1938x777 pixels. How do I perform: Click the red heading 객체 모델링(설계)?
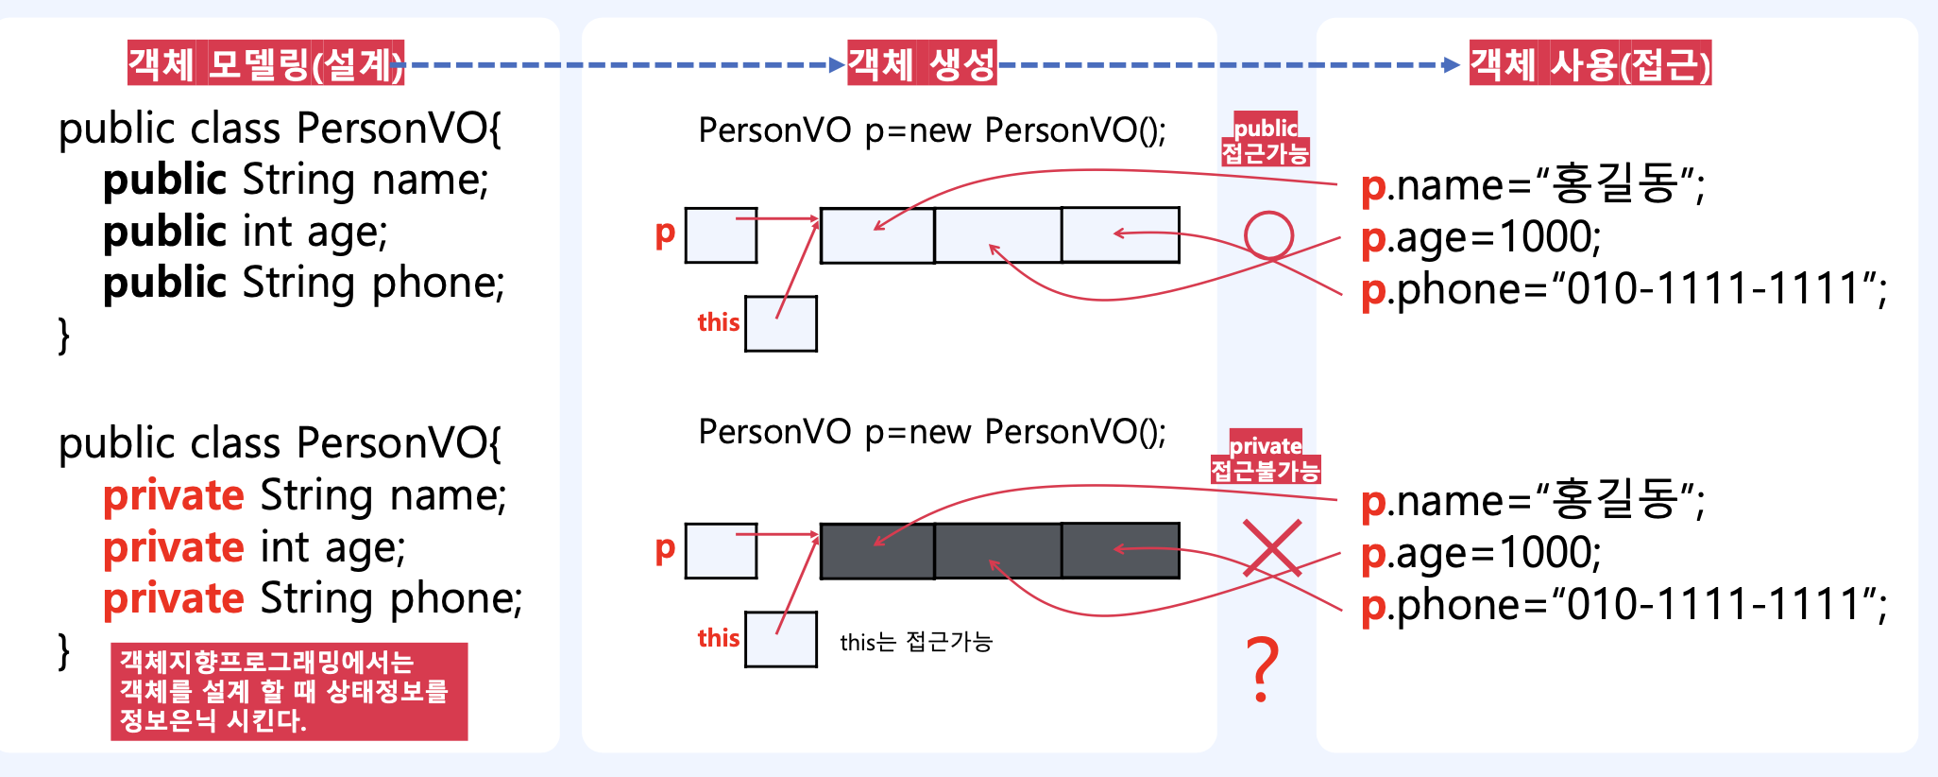265,63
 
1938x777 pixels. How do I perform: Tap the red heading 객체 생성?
922,63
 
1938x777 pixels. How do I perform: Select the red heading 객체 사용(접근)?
1590,63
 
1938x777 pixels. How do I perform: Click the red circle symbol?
1268,234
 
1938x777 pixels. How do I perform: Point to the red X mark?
1272,547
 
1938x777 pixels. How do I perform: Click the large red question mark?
1263,669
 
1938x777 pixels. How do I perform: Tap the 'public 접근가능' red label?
1266,140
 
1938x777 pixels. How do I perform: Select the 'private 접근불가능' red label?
1266,458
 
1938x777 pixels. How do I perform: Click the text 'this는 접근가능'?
916,642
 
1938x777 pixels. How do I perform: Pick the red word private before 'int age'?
174,547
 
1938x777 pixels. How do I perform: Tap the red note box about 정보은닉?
289,691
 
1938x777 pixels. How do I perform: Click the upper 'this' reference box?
781,323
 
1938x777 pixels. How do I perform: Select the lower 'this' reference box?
781,639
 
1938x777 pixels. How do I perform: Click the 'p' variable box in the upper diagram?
721,235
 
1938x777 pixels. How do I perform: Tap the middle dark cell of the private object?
997,550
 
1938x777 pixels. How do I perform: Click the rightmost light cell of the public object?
1120,234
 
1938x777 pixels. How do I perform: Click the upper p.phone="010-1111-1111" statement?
1623,289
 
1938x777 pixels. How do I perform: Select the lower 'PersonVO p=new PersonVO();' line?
932,432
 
